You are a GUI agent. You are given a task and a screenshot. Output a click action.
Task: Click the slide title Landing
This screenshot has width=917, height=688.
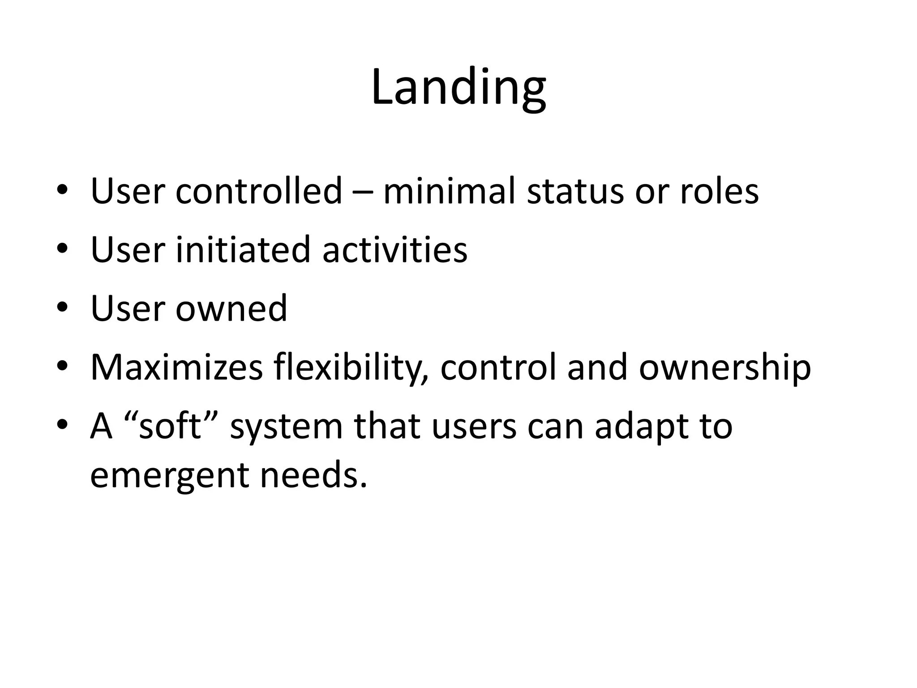458,88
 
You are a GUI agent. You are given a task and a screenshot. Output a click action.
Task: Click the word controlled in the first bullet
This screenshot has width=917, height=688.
259,191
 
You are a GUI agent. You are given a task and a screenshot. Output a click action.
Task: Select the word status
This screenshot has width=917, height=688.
575,191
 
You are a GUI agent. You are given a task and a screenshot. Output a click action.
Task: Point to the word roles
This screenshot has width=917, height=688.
719,191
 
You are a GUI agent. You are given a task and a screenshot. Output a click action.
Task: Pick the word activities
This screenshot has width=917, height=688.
395,249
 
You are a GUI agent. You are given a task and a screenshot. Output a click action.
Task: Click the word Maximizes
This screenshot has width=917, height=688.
176,367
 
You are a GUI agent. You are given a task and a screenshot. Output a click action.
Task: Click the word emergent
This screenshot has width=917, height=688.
169,476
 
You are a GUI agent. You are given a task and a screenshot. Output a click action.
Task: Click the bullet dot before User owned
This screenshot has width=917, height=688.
63,308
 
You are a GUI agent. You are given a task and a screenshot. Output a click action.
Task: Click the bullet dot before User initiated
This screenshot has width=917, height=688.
63,249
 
